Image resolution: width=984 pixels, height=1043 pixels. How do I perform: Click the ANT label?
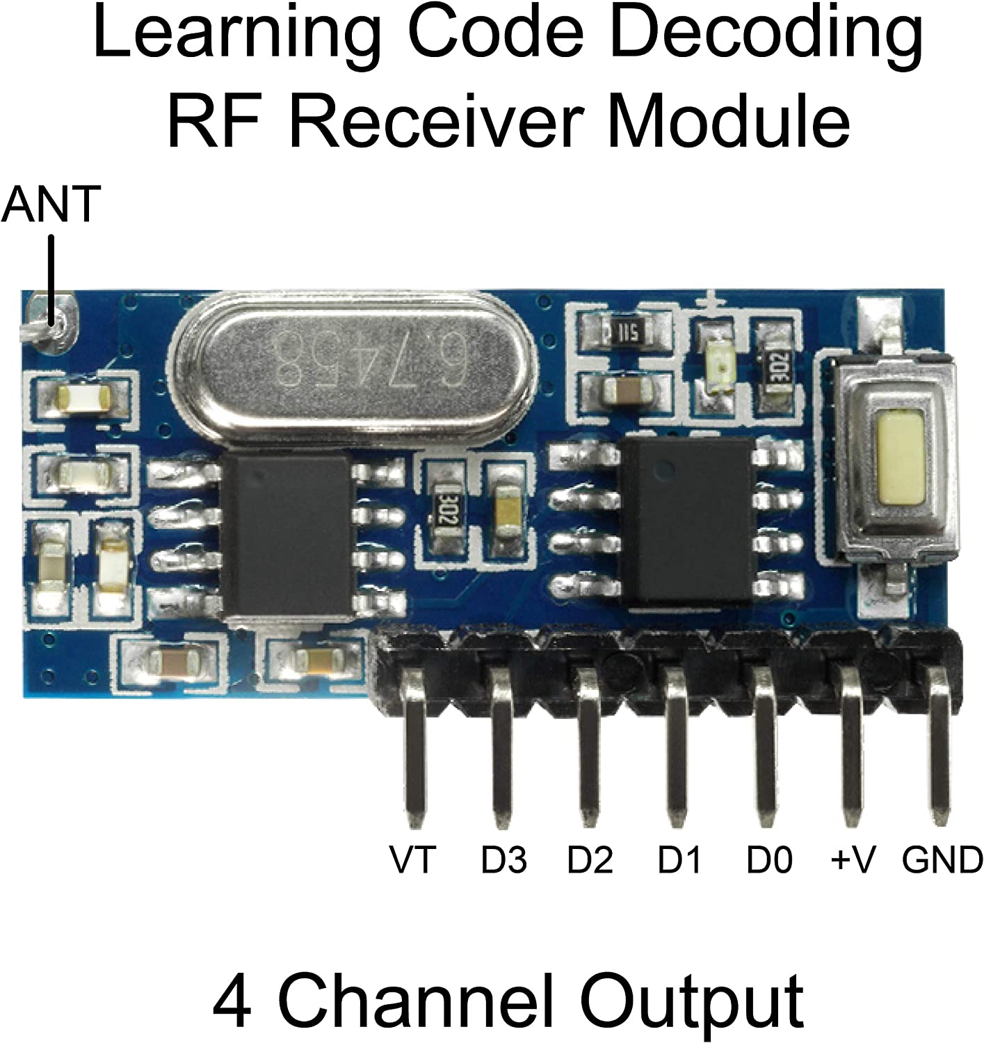coord(51,204)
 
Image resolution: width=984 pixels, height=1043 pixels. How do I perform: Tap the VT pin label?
coord(412,859)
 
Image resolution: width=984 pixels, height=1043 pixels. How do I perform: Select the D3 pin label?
coord(504,859)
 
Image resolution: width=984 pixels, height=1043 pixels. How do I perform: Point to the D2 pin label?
coord(590,859)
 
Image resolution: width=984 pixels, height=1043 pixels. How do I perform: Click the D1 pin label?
coord(680,859)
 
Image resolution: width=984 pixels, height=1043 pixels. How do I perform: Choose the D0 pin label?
coord(769,859)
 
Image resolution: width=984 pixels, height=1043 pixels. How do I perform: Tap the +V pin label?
coord(853,859)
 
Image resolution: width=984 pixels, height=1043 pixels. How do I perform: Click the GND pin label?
coord(942,859)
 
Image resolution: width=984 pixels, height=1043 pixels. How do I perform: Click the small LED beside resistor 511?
coord(716,363)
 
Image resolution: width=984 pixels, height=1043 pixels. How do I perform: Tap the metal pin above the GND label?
coord(939,744)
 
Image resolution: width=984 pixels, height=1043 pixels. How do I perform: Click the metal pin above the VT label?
coord(414,744)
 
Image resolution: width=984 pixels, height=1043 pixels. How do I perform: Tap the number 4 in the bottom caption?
coord(232,1001)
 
